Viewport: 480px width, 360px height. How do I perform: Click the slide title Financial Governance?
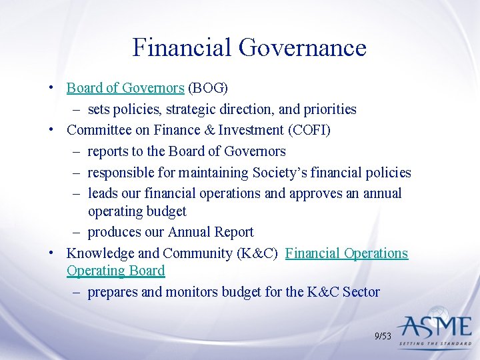coord(249,48)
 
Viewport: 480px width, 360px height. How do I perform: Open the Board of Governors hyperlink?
coord(125,88)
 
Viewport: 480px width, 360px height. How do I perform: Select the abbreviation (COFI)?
coord(307,130)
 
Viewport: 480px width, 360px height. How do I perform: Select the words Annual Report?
coord(211,232)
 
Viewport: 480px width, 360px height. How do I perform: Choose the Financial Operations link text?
coord(347,253)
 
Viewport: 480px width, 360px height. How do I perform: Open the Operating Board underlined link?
coord(115,271)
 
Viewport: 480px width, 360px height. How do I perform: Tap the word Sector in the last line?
coord(360,292)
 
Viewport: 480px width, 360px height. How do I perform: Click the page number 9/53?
coord(383,337)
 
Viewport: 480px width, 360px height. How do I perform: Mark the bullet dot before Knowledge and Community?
coord(51,254)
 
